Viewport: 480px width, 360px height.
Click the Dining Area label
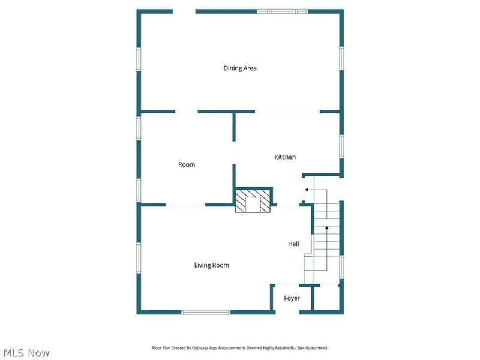pyautogui.click(x=240, y=68)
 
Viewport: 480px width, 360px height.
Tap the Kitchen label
pyautogui.click(x=285, y=157)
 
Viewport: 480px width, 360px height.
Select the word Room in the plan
pyautogui.click(x=187, y=164)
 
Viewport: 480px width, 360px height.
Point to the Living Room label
pyautogui.click(x=212, y=265)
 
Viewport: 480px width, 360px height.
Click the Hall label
pyautogui.click(x=293, y=244)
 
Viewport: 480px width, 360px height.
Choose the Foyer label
pyautogui.click(x=292, y=298)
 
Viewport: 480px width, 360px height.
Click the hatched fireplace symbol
pyautogui.click(x=253, y=201)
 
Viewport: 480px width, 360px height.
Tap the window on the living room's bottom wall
pyautogui.click(x=206, y=312)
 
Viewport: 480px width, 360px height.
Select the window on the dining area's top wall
pyautogui.click(x=282, y=11)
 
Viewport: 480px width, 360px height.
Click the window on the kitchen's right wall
pyautogui.click(x=341, y=146)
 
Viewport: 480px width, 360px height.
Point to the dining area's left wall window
pyautogui.click(x=139, y=59)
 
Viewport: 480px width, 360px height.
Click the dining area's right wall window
pyautogui.click(x=341, y=58)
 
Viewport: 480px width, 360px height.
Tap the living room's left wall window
pyautogui.click(x=139, y=258)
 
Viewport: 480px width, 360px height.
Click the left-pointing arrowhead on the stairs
pyautogui.click(x=307, y=190)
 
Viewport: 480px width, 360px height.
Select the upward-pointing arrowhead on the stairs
pyautogui.click(x=326, y=228)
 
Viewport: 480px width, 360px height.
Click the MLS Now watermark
pyautogui.click(x=26, y=353)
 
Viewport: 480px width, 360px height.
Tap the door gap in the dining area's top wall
pyautogui.click(x=184, y=11)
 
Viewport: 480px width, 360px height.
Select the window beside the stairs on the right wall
pyautogui.click(x=341, y=267)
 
